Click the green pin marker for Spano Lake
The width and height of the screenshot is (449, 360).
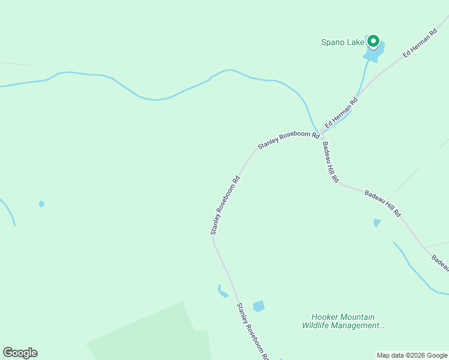click(373, 41)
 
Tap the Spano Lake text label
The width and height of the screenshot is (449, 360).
click(342, 42)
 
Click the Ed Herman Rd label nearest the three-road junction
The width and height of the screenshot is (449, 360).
click(341, 113)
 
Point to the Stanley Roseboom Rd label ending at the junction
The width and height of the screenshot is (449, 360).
click(288, 141)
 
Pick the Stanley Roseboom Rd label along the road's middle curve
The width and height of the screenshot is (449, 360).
click(225, 205)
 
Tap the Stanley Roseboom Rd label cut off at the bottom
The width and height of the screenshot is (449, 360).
click(252, 331)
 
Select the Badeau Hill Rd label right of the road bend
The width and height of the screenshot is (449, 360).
click(382, 203)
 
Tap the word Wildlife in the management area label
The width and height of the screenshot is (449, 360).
click(316, 326)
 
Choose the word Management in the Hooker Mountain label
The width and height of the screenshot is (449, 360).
click(359, 326)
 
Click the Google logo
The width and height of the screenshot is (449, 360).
click(20, 353)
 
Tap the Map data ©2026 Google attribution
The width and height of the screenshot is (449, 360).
click(412, 355)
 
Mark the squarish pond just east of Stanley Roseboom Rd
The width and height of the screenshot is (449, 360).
click(259, 306)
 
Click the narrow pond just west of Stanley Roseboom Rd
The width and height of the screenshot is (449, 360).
click(222, 292)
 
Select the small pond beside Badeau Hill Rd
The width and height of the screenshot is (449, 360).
click(376, 223)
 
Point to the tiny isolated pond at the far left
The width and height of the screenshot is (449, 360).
click(41, 204)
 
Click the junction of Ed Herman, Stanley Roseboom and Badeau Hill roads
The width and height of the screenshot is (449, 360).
click(322, 133)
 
